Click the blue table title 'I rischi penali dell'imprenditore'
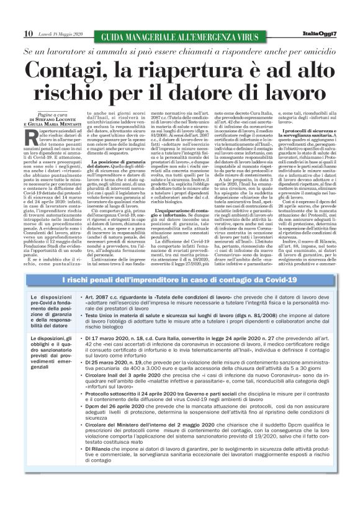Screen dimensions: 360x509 [180, 282]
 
